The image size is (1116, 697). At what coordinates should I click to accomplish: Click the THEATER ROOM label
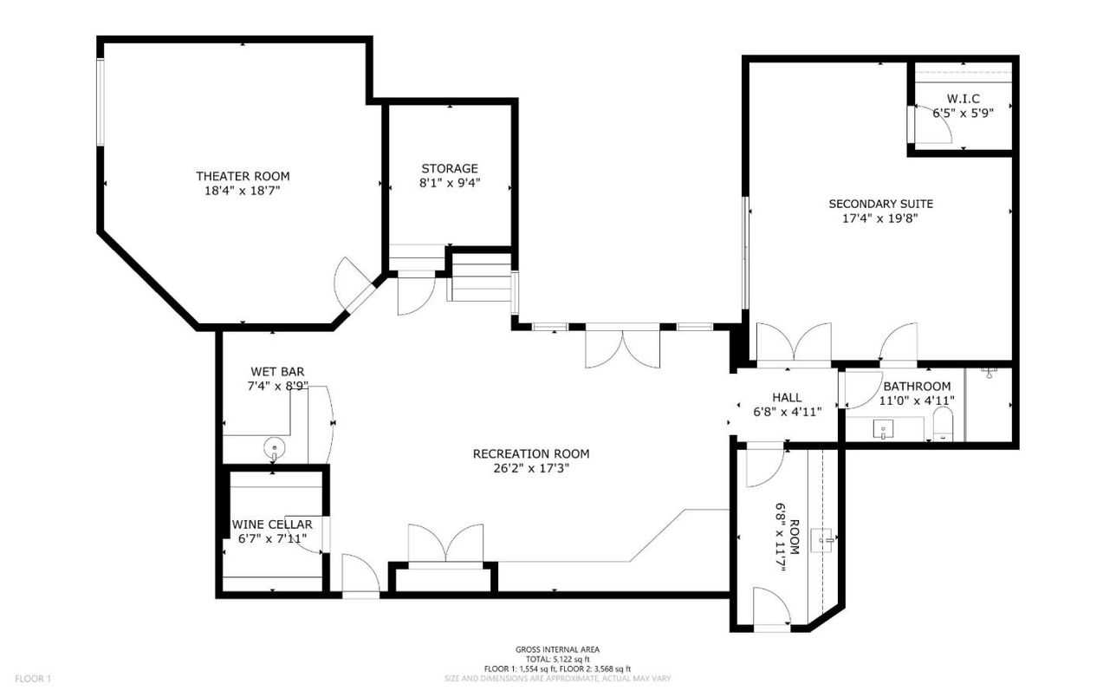[243, 176]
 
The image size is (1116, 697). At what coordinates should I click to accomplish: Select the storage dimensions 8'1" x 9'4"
[449, 183]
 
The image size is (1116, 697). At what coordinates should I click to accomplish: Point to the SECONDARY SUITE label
[880, 204]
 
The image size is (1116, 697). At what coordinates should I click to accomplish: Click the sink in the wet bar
[274, 448]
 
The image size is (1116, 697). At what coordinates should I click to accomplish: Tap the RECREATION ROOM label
[531, 453]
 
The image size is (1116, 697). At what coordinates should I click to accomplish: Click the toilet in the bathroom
[943, 427]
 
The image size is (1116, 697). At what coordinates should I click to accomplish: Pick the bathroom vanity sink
[883, 428]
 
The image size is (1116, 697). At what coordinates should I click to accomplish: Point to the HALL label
[787, 397]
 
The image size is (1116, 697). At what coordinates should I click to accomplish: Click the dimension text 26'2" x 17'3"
[531, 468]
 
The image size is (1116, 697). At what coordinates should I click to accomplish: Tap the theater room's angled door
[354, 283]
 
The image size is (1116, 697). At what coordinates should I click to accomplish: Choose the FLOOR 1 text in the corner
[34, 679]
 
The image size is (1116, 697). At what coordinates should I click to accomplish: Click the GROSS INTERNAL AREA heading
[557, 649]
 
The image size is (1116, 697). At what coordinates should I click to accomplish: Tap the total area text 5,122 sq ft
[557, 659]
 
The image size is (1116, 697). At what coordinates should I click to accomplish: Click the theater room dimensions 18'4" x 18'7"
[243, 190]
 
